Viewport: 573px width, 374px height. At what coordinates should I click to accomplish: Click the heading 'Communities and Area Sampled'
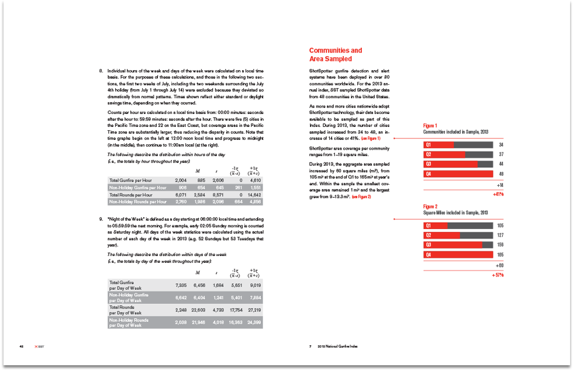coord(336,54)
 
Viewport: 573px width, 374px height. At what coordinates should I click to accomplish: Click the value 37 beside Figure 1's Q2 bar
coord(500,154)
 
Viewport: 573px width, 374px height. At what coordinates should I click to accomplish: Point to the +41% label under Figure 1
coord(498,193)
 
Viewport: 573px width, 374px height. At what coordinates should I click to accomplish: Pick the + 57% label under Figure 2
coord(498,275)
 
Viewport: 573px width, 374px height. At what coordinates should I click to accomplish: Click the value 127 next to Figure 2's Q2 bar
coord(500,236)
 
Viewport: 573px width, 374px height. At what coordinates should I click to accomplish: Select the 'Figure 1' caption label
coord(430,126)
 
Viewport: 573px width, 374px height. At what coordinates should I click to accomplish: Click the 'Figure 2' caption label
coord(430,206)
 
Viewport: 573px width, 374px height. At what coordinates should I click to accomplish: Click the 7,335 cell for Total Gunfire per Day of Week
coord(181,285)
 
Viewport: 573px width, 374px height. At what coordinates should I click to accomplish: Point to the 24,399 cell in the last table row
coord(258,323)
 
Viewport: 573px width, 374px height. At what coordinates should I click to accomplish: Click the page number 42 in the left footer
coord(22,347)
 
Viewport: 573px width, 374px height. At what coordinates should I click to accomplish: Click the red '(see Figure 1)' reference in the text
coord(371,138)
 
